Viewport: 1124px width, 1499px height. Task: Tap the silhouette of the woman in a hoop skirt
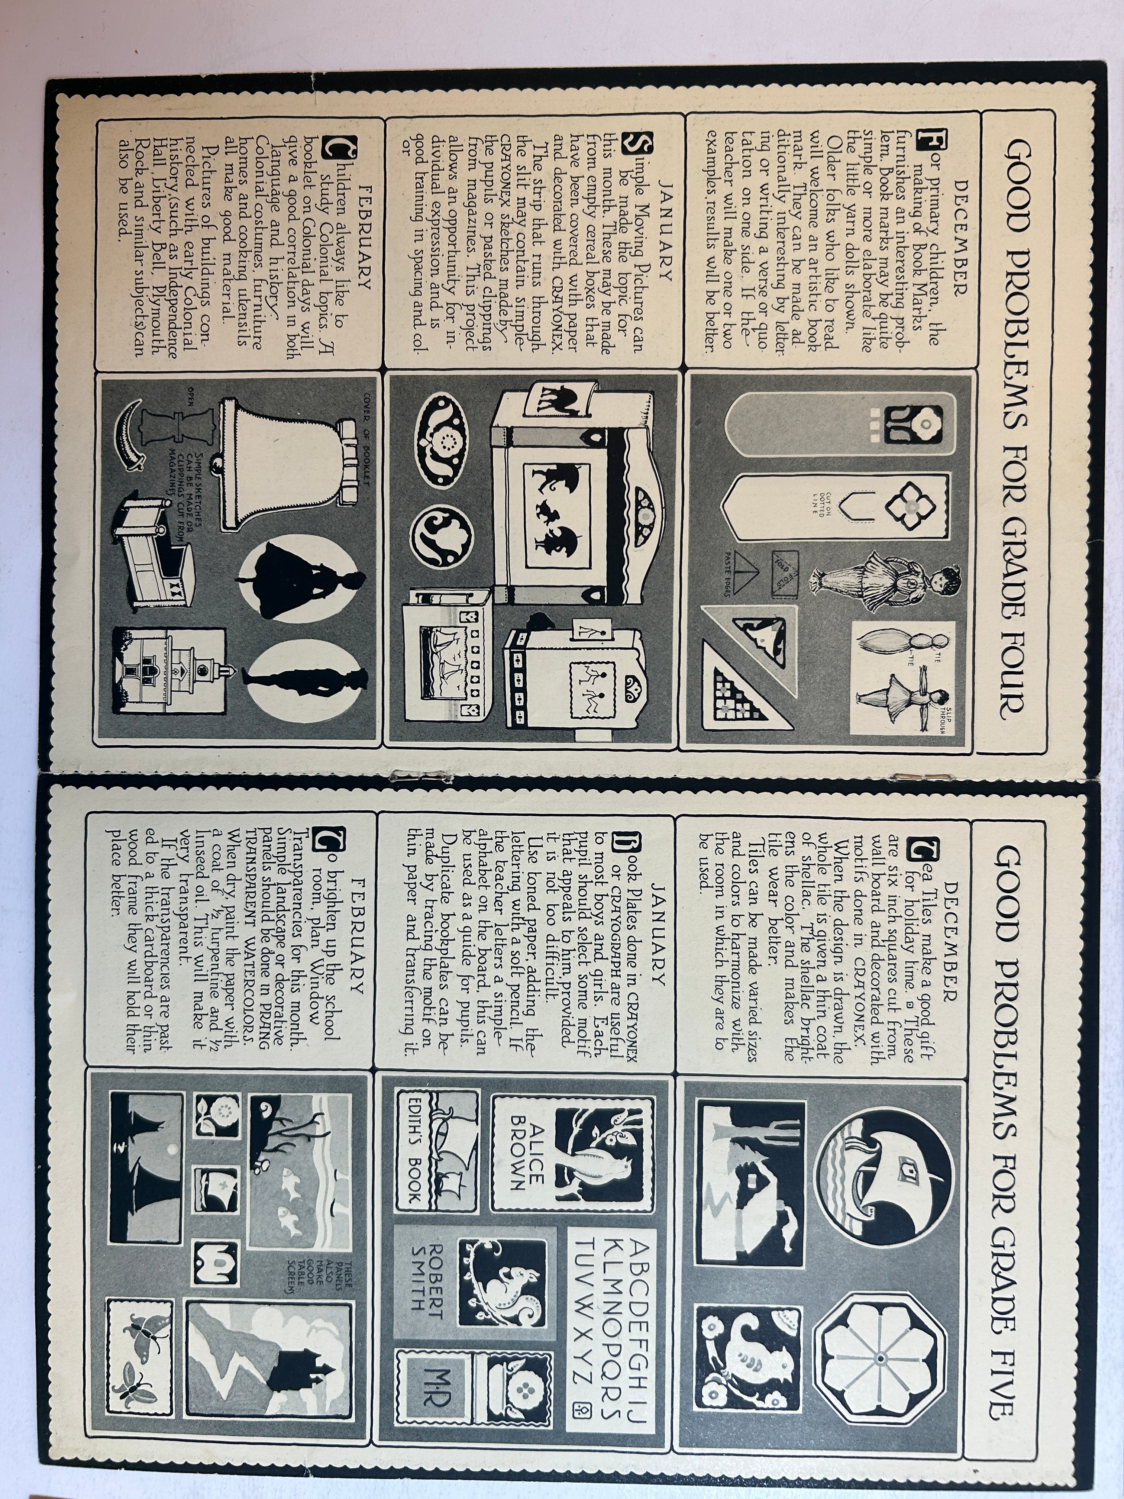(x=298, y=579)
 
